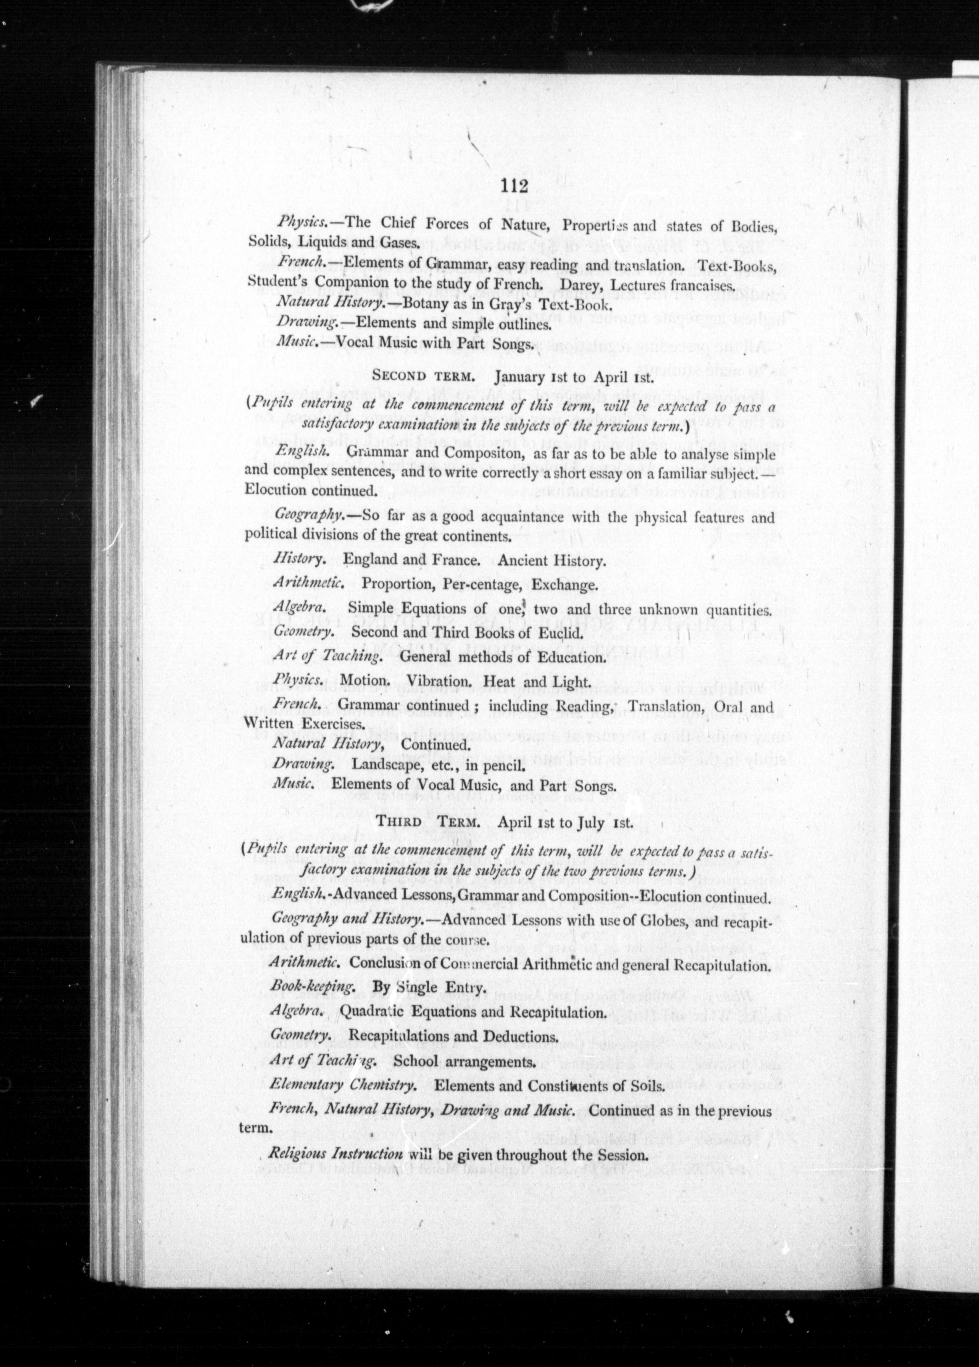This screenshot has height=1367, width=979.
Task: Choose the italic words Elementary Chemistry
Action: click(342, 1085)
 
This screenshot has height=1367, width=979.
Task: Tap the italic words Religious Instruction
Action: click(335, 1154)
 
